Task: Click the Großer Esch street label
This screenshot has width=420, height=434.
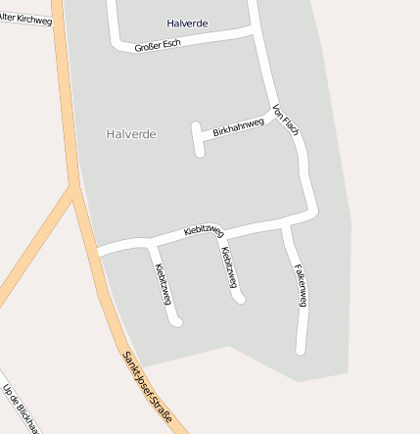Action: point(158,44)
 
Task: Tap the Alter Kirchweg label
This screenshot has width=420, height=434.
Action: point(25,18)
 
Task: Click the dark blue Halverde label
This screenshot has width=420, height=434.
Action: point(187,23)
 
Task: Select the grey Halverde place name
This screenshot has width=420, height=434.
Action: point(131,133)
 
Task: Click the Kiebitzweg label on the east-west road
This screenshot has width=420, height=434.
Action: point(204,232)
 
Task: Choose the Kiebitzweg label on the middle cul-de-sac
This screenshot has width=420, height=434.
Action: point(229,267)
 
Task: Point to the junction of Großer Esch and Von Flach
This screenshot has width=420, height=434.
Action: point(257,32)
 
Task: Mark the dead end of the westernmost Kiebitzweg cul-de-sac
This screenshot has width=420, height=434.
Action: point(177,321)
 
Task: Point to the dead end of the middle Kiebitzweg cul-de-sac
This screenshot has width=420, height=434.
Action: point(240,298)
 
